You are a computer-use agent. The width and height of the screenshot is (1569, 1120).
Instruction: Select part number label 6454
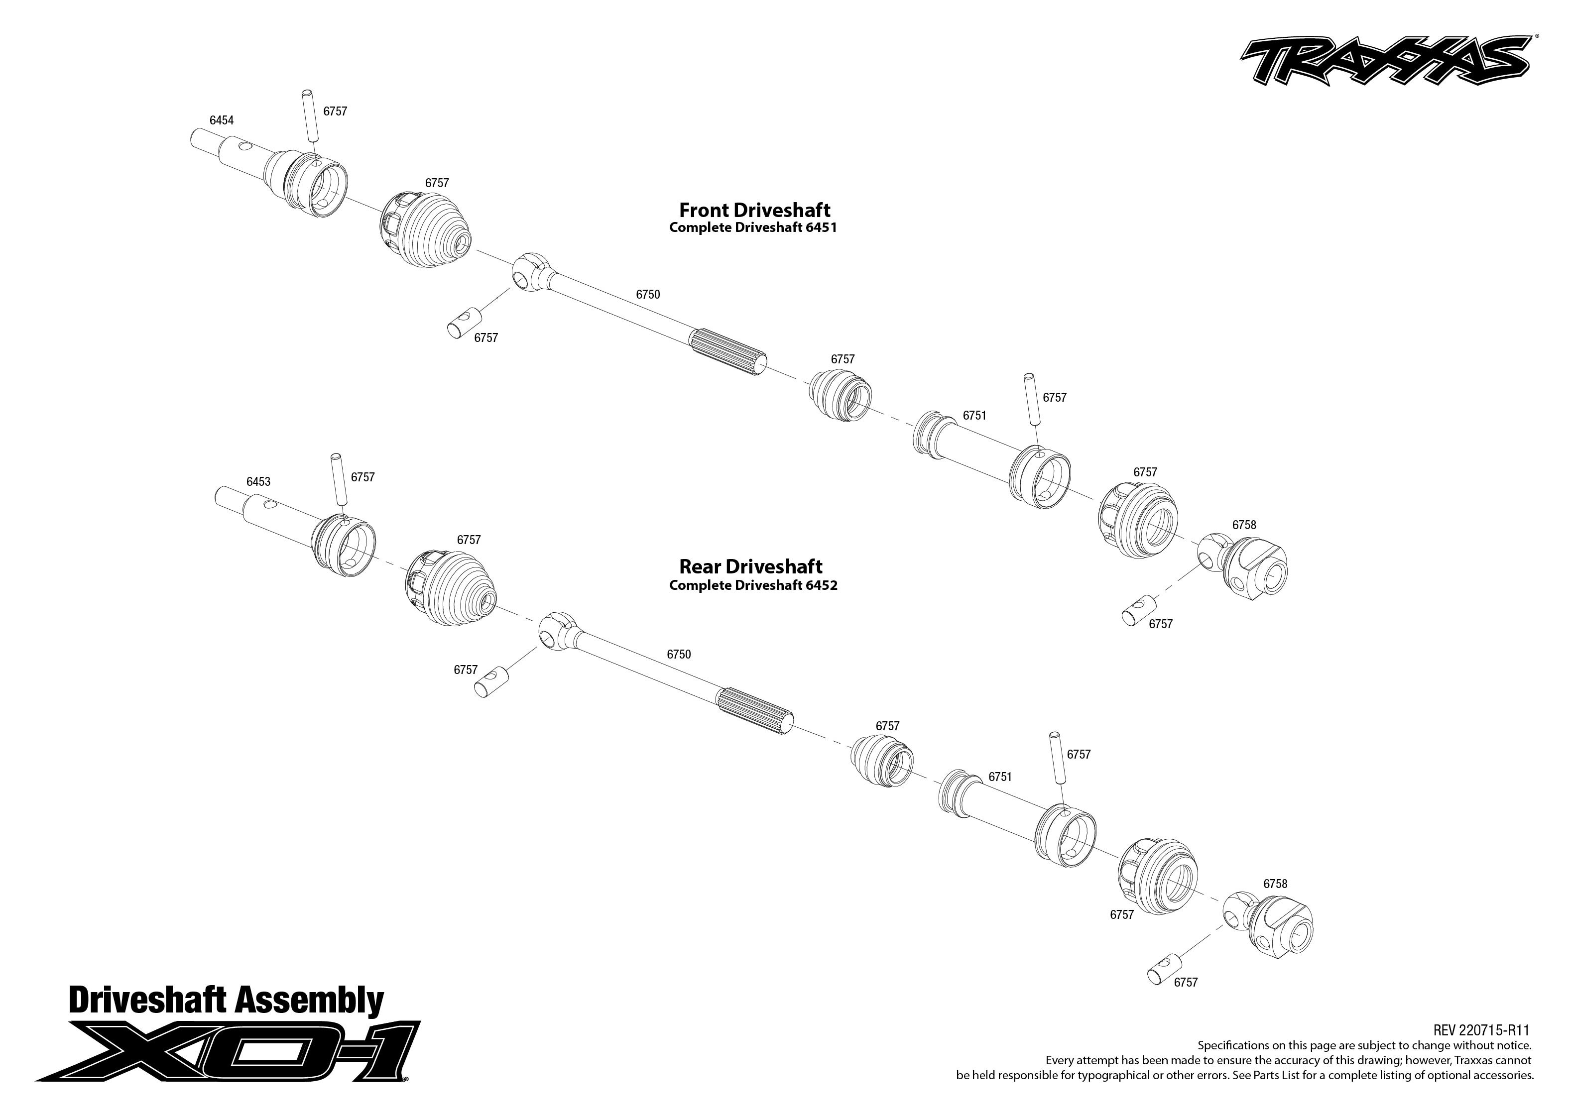(x=222, y=120)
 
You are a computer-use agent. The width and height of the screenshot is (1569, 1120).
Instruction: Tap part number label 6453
(x=258, y=482)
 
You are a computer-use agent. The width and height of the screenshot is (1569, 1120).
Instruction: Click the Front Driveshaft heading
(x=754, y=210)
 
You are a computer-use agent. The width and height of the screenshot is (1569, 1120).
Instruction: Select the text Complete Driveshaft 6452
(x=752, y=585)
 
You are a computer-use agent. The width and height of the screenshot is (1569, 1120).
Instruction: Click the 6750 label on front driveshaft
(x=648, y=295)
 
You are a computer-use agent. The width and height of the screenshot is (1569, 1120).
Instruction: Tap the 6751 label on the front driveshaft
(x=974, y=416)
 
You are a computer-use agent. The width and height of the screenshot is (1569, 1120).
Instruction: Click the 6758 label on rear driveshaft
(x=1275, y=884)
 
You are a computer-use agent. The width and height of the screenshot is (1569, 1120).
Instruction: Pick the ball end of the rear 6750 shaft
(x=555, y=630)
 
